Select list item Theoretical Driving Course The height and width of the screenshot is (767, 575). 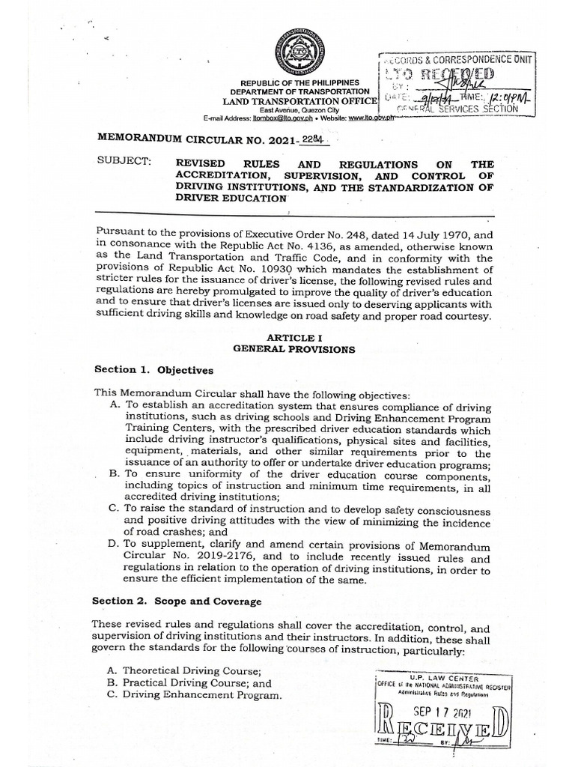pos(191,671)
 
